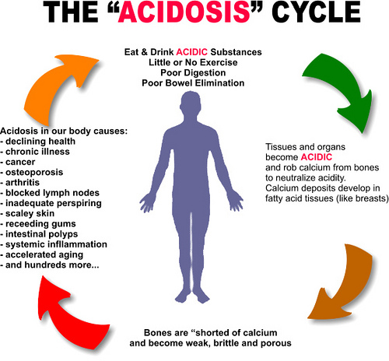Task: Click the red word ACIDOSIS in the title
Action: (184, 12)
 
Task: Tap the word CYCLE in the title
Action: (316, 12)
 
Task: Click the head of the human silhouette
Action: (191, 103)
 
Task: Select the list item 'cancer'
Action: (18, 162)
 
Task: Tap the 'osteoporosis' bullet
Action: (32, 173)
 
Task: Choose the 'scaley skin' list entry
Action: (27, 213)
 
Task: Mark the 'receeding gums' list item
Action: (38, 224)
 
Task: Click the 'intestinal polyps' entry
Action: (39, 234)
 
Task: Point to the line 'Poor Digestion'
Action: (193, 73)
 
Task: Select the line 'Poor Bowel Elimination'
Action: (193, 83)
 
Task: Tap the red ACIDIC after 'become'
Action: (317, 157)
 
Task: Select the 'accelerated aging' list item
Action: (41, 255)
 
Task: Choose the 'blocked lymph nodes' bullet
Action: (50, 193)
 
